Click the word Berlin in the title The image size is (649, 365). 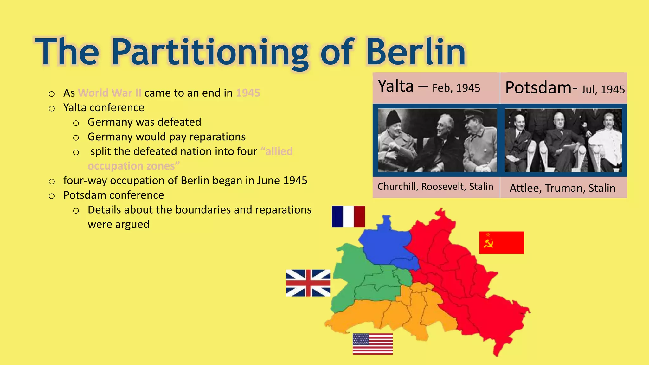pyautogui.click(x=416, y=52)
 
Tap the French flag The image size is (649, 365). pyautogui.click(x=348, y=217)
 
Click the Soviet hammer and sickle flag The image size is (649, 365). pyautogui.click(x=501, y=243)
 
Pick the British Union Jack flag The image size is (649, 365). pyautogui.click(x=308, y=283)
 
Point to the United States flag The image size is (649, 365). pyautogui.click(x=372, y=344)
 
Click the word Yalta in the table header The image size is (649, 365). pyautogui.click(x=396, y=86)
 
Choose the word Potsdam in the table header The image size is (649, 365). pyautogui.click(x=538, y=88)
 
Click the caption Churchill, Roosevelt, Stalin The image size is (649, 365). pyautogui.click(x=435, y=187)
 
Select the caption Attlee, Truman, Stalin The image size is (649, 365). pyautogui.click(x=562, y=188)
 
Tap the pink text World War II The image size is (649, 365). pyautogui.click(x=110, y=93)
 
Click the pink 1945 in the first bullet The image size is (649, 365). pyautogui.click(x=248, y=93)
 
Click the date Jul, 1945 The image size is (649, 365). pyautogui.click(x=603, y=90)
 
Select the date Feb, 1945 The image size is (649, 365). pyautogui.click(x=456, y=88)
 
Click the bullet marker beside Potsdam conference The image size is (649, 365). pyautogui.click(x=52, y=196)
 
